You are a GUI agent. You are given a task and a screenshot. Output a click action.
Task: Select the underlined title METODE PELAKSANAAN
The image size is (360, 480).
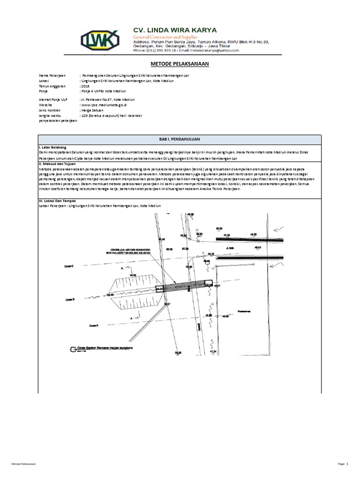(180, 63)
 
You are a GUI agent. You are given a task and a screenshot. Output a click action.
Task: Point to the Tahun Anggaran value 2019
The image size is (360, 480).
(86, 86)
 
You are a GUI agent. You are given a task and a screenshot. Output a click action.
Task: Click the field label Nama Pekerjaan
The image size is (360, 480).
(52, 75)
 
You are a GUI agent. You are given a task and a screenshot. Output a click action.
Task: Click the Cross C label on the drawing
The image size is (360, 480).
(70, 266)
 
